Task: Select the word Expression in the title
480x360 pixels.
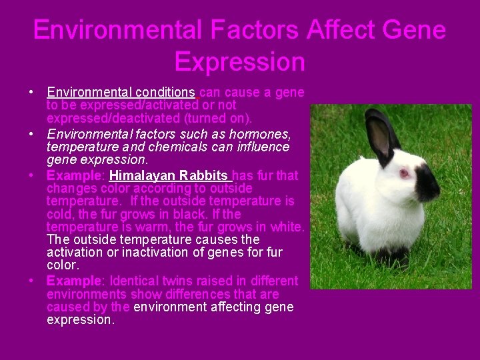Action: tap(239, 62)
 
